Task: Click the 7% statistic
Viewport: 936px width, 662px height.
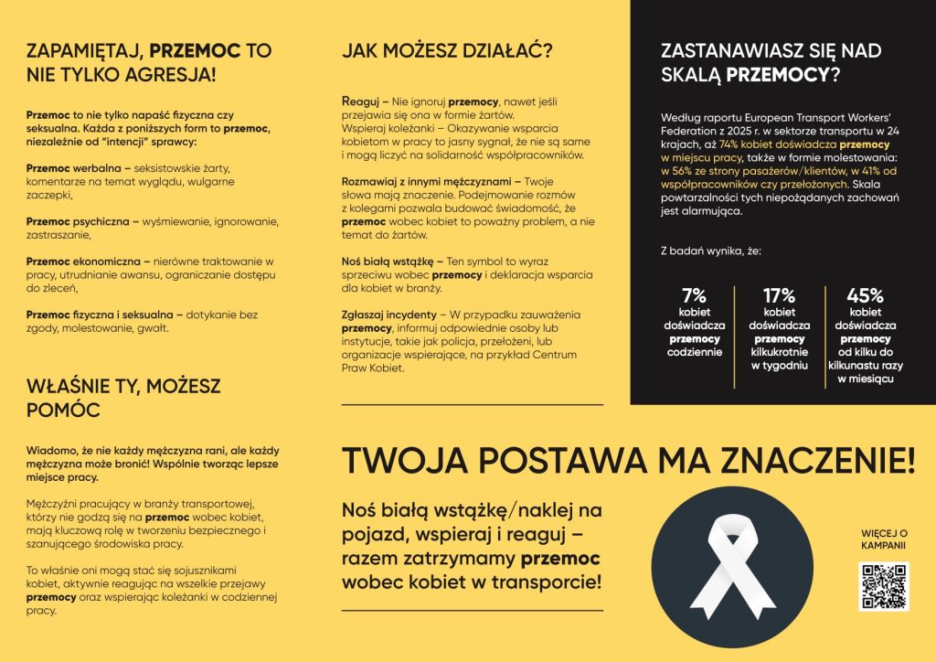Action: tap(695, 295)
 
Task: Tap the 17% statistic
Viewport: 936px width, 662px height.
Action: tap(779, 295)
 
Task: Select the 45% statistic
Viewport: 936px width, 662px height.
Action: tap(865, 295)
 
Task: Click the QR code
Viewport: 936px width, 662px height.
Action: tap(883, 586)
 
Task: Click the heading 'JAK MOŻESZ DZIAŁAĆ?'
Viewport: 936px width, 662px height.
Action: tap(447, 51)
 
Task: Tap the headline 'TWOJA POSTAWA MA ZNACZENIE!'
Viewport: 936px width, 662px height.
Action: tap(627, 460)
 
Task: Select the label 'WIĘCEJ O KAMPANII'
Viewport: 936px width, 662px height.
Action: tap(883, 539)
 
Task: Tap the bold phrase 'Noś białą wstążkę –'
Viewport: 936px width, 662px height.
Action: tap(392, 262)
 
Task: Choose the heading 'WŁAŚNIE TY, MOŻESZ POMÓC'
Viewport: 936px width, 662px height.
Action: tap(122, 398)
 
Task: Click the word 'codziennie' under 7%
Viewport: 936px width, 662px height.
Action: tap(695, 351)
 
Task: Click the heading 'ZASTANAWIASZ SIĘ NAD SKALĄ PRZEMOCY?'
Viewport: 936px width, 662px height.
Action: tap(771, 62)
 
